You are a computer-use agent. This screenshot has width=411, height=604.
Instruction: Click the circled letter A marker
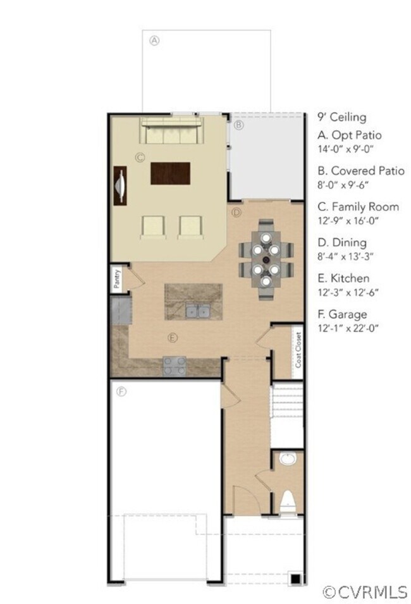154,39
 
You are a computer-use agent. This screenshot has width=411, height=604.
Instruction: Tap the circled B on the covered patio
238,125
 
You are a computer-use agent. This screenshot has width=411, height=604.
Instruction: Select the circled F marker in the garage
122,391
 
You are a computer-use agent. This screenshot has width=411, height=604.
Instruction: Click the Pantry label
117,279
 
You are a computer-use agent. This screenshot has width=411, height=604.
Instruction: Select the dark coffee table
171,173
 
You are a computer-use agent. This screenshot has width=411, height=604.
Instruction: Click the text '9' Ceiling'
341,117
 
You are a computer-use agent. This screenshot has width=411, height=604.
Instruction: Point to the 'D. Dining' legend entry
341,242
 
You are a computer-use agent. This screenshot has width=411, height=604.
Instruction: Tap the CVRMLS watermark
365,592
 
